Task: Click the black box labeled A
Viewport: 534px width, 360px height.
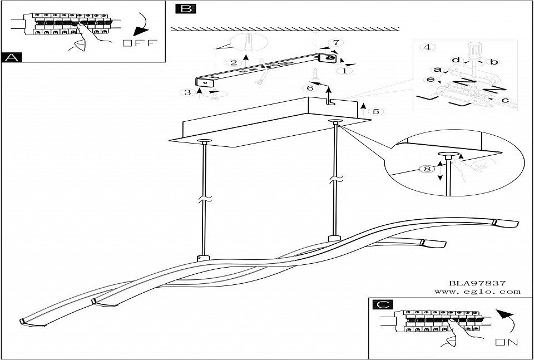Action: (12, 57)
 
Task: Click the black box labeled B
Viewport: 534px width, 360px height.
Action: (184, 8)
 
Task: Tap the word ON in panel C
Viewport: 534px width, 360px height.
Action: (507, 342)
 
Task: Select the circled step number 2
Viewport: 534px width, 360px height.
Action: (234, 62)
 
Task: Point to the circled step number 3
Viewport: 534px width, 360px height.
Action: (187, 92)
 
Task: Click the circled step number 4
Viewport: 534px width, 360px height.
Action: (427, 47)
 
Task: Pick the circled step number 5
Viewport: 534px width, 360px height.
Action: (376, 111)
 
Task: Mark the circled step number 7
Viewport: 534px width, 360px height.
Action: (335, 43)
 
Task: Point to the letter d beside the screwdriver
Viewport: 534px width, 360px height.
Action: (454, 60)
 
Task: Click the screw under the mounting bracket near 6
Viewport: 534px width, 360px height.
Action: (315, 73)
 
